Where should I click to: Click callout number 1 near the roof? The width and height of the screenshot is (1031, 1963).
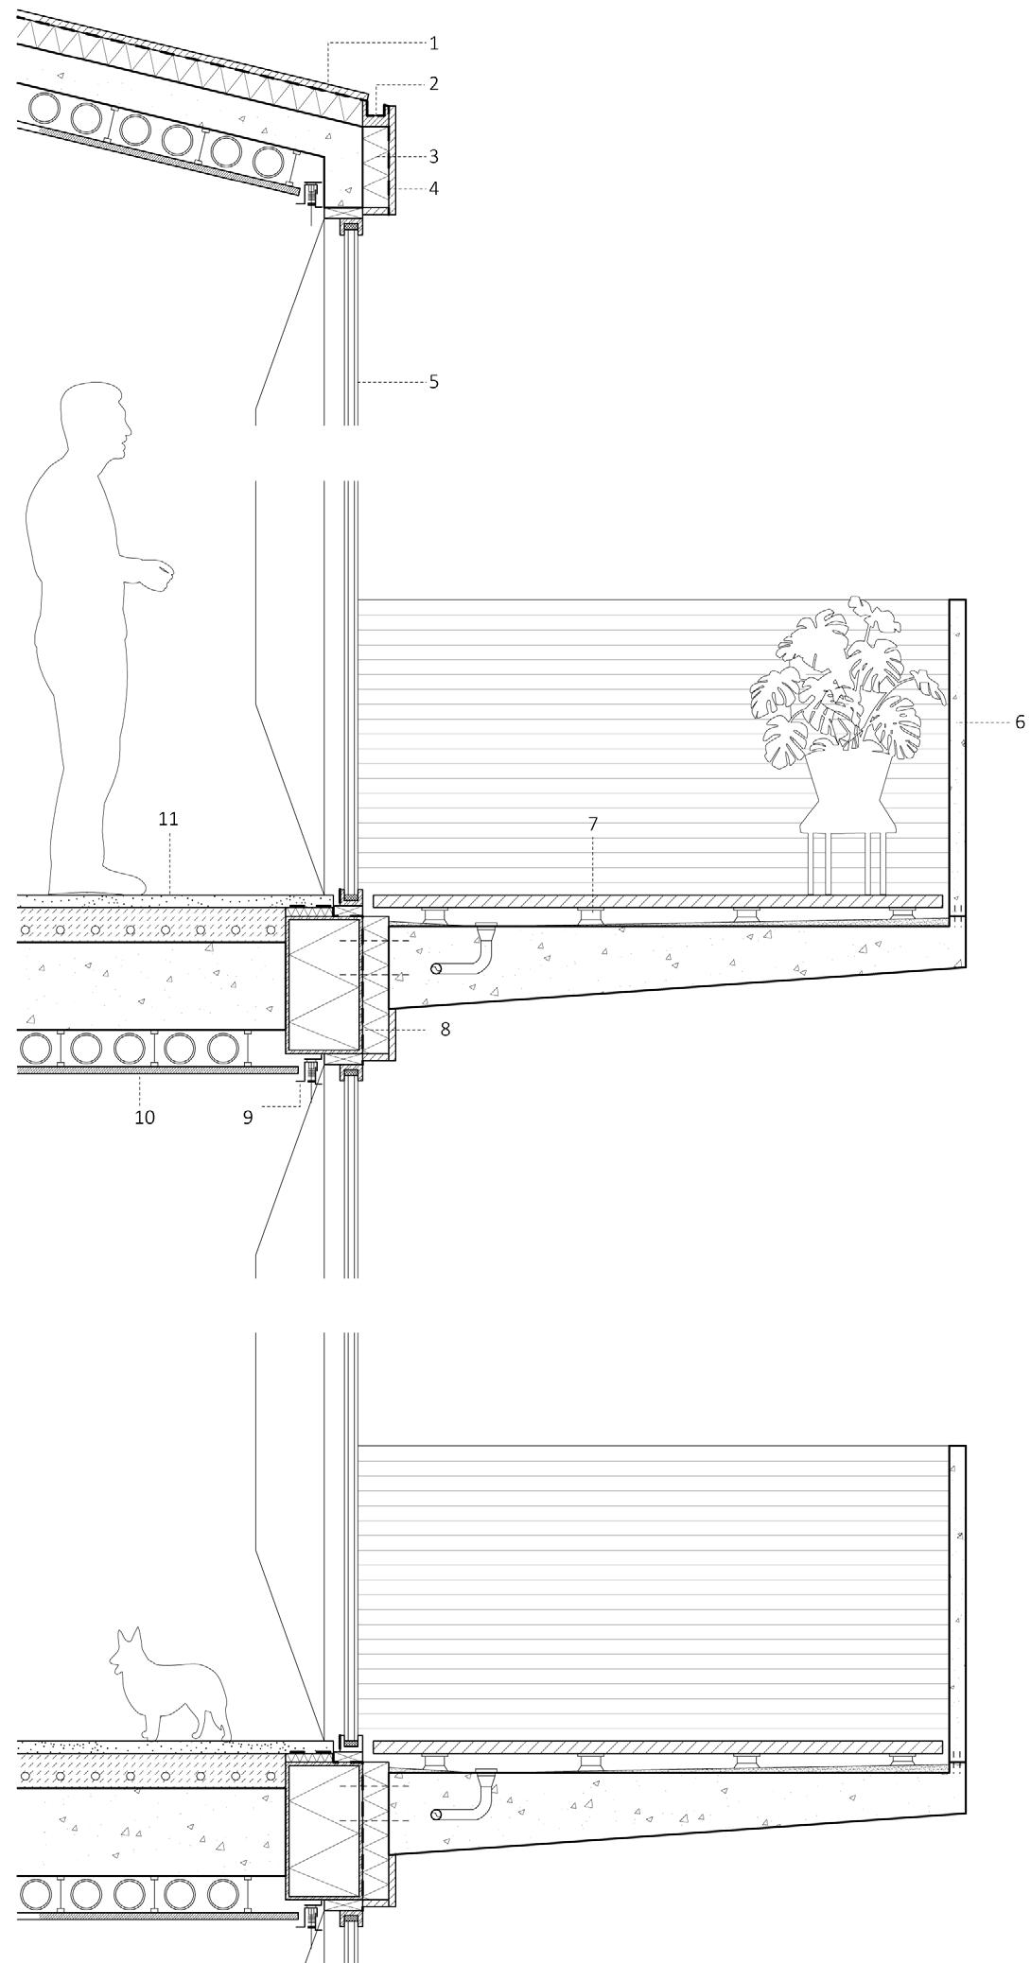point(433,43)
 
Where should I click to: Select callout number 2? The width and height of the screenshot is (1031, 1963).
point(433,84)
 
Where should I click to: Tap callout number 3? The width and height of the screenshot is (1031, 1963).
point(433,157)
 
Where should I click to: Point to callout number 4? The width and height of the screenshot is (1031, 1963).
point(433,189)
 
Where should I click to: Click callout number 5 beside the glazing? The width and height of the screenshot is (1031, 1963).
point(433,382)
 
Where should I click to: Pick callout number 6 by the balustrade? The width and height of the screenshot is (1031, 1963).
point(1020,722)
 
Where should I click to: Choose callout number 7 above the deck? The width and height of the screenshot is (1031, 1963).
point(593,825)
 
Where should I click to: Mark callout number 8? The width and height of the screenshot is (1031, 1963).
point(445,1030)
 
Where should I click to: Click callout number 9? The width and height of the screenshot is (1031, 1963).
point(248,1117)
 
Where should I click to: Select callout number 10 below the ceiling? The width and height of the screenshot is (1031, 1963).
point(144,1118)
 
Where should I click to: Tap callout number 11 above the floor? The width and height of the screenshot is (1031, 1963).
point(168,819)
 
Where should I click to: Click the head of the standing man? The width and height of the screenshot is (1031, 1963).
point(95,422)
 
